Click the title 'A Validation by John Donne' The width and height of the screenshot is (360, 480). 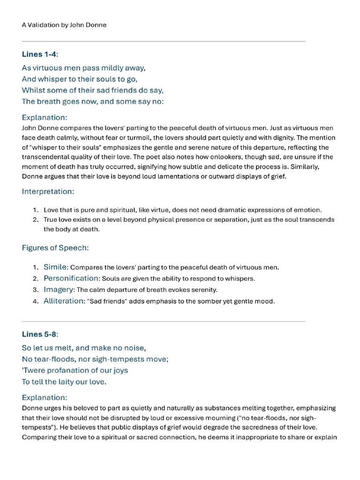[x=64, y=25]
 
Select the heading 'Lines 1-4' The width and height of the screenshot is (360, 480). [x=40, y=54]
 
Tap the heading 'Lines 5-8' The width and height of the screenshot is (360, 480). [x=40, y=334]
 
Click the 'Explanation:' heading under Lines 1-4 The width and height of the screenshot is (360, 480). [x=45, y=117]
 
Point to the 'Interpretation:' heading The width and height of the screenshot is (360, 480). [x=48, y=191]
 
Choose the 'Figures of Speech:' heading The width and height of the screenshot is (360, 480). [x=55, y=247]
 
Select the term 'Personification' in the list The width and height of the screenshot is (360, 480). [x=71, y=278]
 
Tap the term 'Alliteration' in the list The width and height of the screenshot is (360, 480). [x=63, y=301]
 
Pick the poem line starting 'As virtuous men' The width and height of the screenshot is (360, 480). [x=83, y=68]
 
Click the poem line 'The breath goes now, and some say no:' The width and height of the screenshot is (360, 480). [x=92, y=102]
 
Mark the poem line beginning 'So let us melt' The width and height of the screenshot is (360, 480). [x=84, y=348]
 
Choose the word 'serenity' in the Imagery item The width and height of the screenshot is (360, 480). [x=203, y=290]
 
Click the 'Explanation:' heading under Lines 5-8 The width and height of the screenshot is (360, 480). [x=45, y=397]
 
